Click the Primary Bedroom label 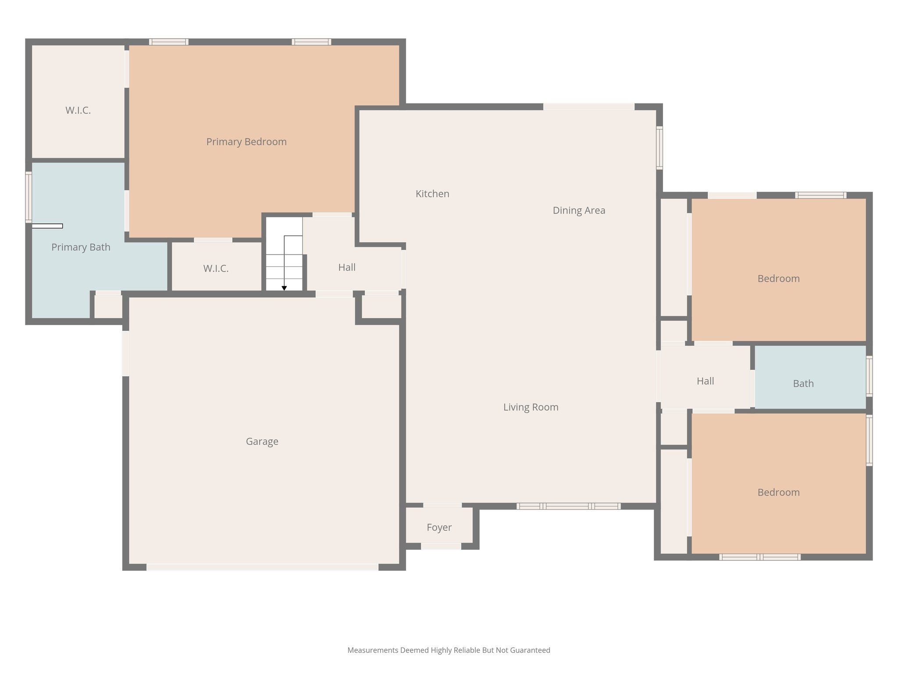pyautogui.click(x=246, y=142)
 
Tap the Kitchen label pyautogui.click(x=432, y=194)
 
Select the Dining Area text pyautogui.click(x=579, y=210)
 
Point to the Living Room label pyautogui.click(x=531, y=407)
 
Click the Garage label pyautogui.click(x=262, y=441)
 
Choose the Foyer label pyautogui.click(x=439, y=528)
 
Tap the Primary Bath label pyautogui.click(x=81, y=247)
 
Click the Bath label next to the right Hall pyautogui.click(x=803, y=383)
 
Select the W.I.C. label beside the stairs pyautogui.click(x=216, y=269)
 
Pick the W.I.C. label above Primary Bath pyautogui.click(x=78, y=110)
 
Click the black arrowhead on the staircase pyautogui.click(x=284, y=288)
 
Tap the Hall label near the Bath pyautogui.click(x=705, y=381)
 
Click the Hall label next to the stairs pyautogui.click(x=347, y=267)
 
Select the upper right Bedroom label pyautogui.click(x=778, y=279)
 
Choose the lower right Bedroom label pyautogui.click(x=778, y=492)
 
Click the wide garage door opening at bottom pyautogui.click(x=262, y=567)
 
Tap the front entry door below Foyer pyautogui.click(x=441, y=546)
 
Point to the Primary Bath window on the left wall pyautogui.click(x=29, y=197)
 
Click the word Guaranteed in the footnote pyautogui.click(x=531, y=650)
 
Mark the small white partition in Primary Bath pyautogui.click(x=47, y=226)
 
